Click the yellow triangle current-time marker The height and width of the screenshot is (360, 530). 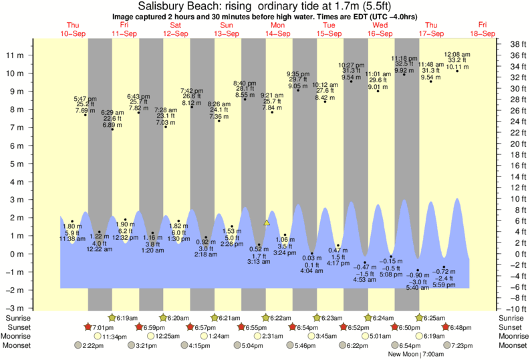267,222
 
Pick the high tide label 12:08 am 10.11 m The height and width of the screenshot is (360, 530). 457,60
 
